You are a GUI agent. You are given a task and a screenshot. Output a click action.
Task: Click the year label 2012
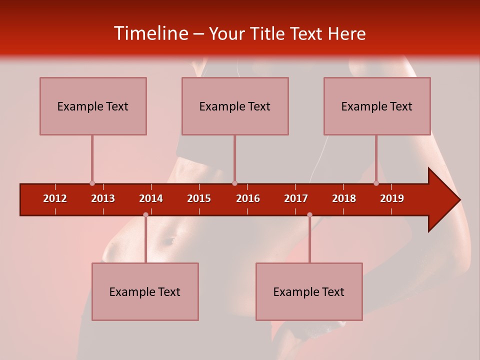55,198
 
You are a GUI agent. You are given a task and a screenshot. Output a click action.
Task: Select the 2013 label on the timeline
103,198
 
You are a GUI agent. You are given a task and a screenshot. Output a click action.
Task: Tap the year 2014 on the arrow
151,198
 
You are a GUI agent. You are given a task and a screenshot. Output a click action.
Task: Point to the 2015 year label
199,198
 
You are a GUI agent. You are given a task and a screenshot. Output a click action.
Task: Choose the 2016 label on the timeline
248,198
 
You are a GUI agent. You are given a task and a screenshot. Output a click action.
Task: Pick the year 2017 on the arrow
296,198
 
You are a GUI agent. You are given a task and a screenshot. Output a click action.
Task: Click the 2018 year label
344,198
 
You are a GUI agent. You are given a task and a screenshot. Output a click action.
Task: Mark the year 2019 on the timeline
392,198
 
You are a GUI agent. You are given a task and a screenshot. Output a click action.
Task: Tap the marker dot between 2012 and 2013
92,183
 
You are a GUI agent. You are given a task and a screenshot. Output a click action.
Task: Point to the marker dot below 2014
145,214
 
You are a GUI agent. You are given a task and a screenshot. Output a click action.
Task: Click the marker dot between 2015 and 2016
234,183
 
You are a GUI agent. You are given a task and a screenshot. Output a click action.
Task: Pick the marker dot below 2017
309,214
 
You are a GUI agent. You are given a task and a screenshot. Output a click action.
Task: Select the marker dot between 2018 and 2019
376,183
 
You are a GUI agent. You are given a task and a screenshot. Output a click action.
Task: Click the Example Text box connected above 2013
93,106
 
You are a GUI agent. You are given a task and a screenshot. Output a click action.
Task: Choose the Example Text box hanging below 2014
145,291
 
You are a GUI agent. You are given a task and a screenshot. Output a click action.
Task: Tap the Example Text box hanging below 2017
309,291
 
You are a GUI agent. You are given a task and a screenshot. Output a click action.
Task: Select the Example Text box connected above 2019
377,106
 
